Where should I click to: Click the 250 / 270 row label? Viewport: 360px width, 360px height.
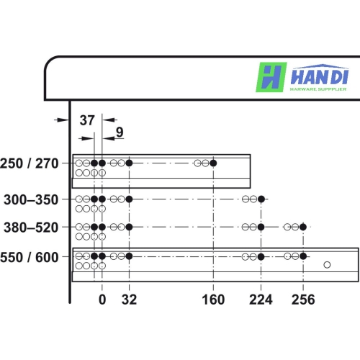(x=30, y=163)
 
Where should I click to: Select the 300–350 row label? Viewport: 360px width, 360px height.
(x=31, y=199)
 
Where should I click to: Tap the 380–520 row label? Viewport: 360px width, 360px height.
(x=31, y=228)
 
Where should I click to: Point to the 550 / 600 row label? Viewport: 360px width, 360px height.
(x=30, y=258)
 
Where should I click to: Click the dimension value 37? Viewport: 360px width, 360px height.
(x=87, y=120)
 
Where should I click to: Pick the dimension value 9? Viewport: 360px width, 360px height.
(x=120, y=132)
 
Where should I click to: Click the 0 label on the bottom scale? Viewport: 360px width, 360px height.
(x=102, y=300)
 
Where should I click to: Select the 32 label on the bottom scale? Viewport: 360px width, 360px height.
(x=129, y=300)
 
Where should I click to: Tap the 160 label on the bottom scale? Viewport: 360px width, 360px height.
(x=213, y=300)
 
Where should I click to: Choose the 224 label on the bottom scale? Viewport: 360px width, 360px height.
(x=261, y=300)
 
